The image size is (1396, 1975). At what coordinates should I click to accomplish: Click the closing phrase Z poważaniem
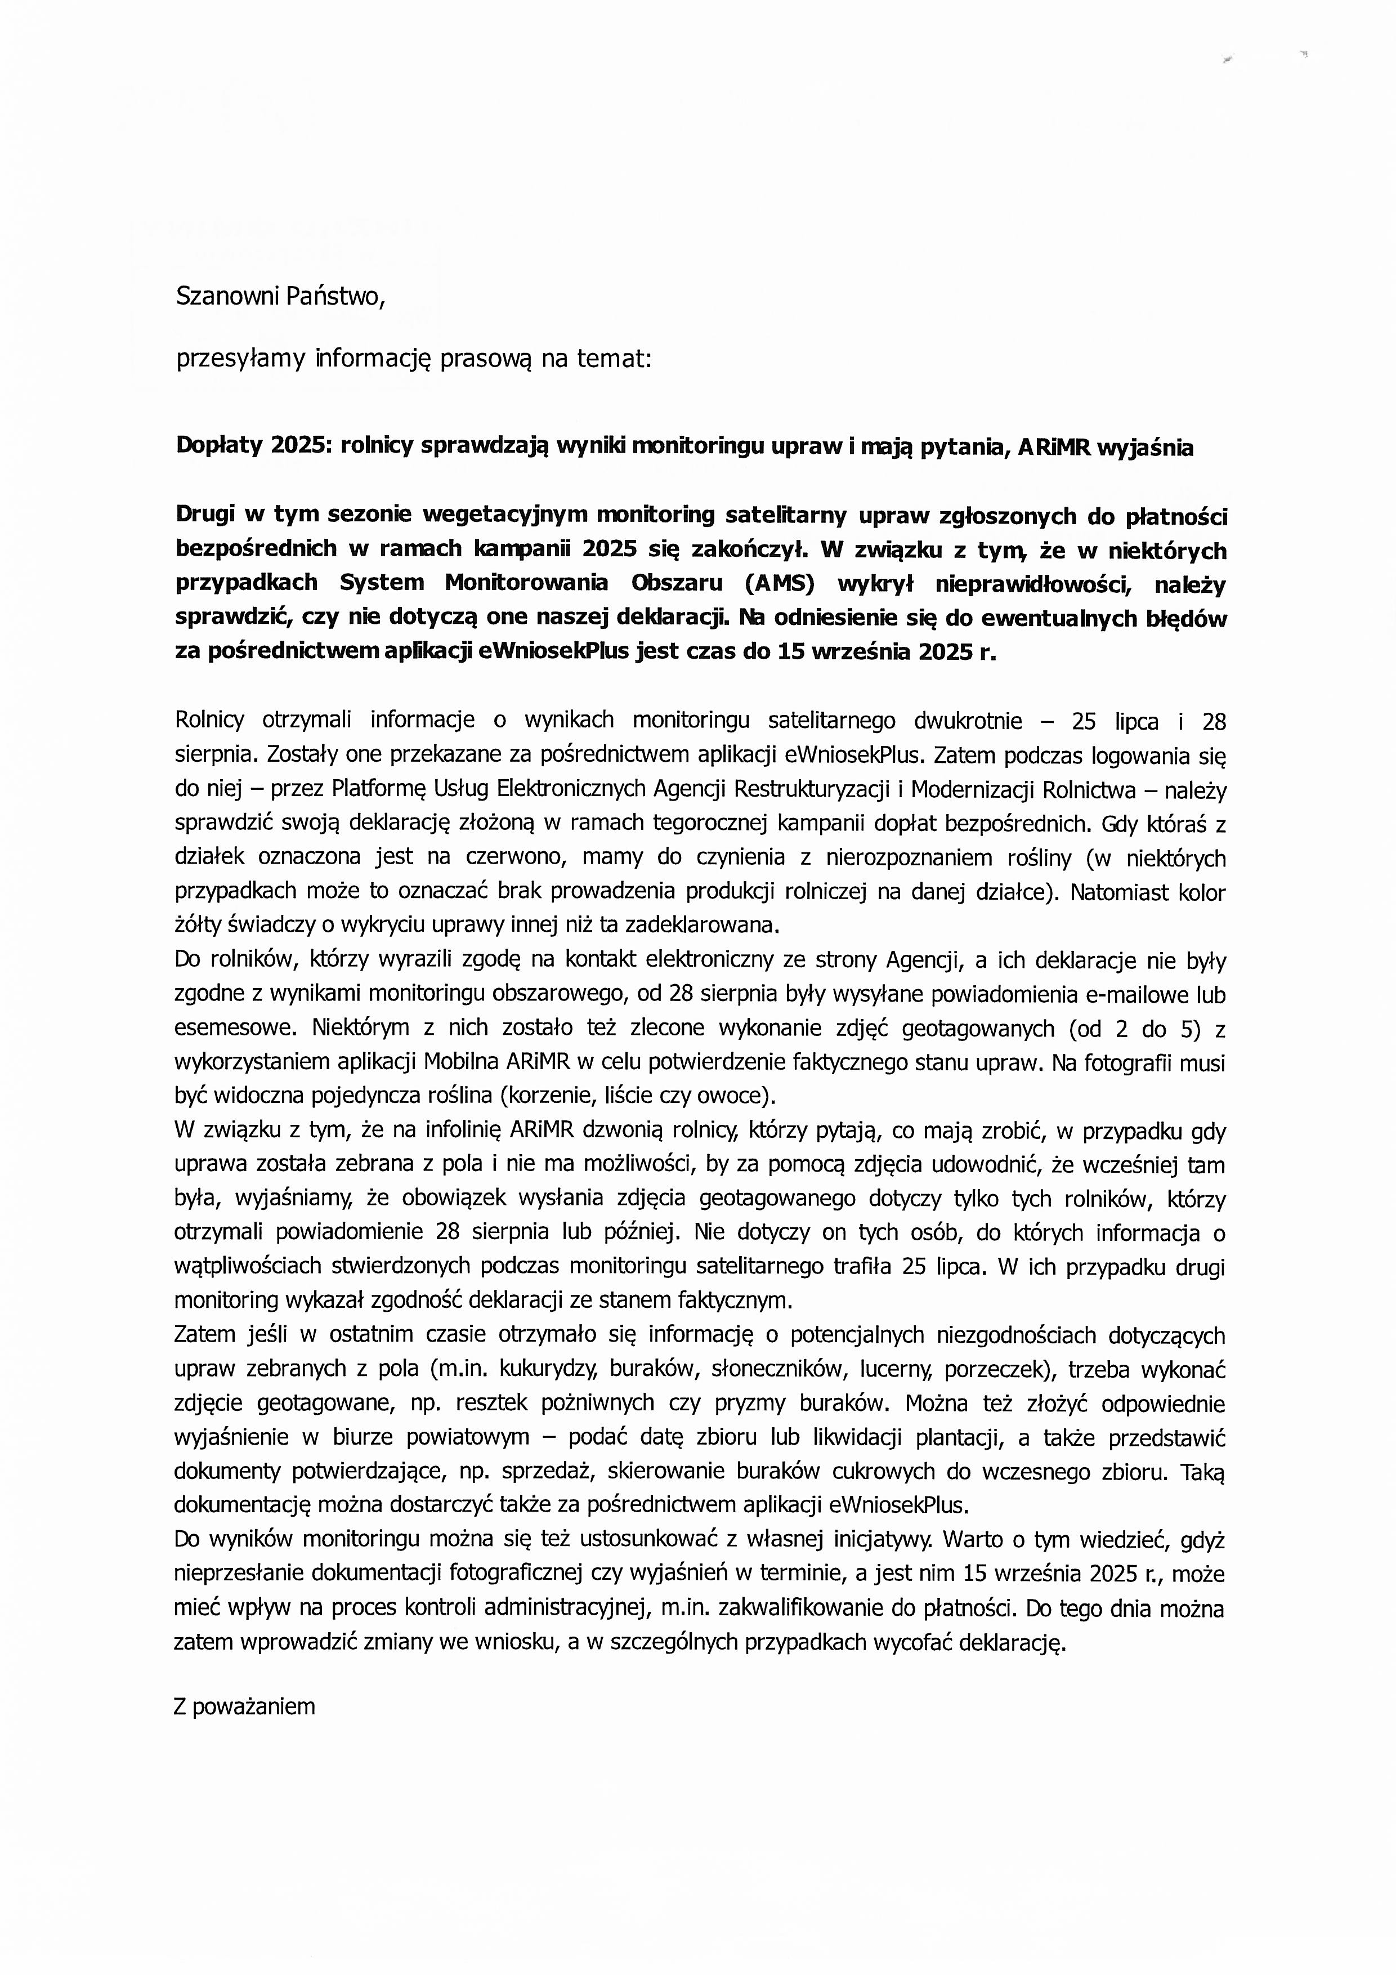point(244,1706)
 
